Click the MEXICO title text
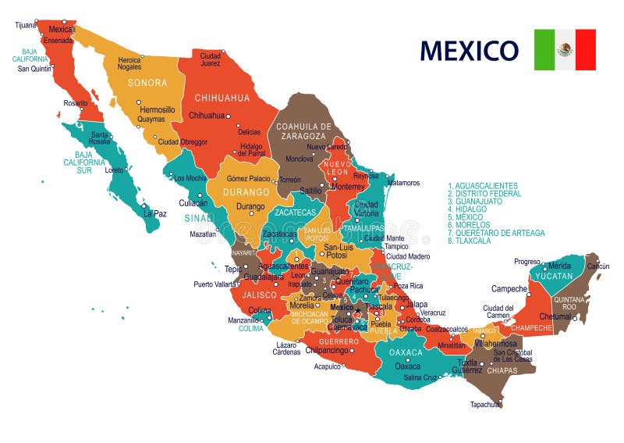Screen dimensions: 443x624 [469, 50]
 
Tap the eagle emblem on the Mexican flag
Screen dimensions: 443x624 [565, 50]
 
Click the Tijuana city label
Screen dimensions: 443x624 [26, 25]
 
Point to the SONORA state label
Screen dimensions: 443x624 [147, 83]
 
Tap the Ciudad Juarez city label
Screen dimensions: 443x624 [210, 59]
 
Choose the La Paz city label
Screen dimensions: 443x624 [154, 213]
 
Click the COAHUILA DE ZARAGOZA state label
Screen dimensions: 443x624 [303, 131]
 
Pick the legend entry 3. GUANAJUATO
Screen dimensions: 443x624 [475, 202]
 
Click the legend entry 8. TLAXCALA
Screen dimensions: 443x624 [471, 241]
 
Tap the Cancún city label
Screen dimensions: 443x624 [597, 266]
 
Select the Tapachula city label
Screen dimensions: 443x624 [485, 405]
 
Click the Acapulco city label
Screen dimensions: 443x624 [328, 366]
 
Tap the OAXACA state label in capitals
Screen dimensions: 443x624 [406, 352]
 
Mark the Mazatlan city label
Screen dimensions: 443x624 [202, 234]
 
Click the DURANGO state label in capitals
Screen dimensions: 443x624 [246, 191]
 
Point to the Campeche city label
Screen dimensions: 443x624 [509, 288]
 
